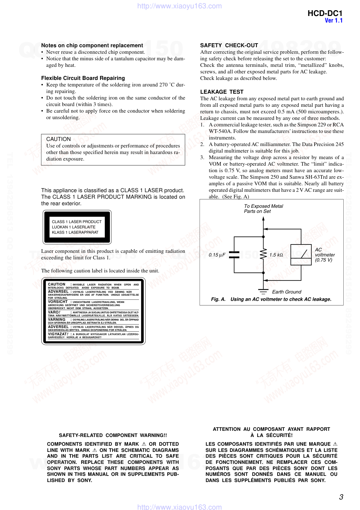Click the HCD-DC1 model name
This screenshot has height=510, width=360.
324,13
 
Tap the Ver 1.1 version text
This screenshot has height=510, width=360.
334,21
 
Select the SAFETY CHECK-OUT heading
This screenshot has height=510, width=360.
229,45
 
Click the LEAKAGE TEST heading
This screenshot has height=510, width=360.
222,92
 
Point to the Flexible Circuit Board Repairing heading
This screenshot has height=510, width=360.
83,78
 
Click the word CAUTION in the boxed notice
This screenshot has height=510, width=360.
58,139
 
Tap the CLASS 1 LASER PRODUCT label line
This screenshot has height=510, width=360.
77,222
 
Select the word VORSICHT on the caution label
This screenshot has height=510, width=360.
58,302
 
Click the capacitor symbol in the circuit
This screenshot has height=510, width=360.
234,255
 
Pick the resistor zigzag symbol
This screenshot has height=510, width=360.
263,255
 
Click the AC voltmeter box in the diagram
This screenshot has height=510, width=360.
301,255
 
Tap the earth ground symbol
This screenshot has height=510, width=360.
263,291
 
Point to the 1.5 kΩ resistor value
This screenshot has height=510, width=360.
276,255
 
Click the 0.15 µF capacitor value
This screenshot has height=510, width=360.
217,255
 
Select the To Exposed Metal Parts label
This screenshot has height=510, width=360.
263,209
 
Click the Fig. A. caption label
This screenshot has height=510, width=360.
218,299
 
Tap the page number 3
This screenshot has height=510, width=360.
341,497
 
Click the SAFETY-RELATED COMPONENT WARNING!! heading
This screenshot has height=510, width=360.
113,435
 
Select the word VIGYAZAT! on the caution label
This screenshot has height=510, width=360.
58,334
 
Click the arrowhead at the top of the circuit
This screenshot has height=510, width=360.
263,219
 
